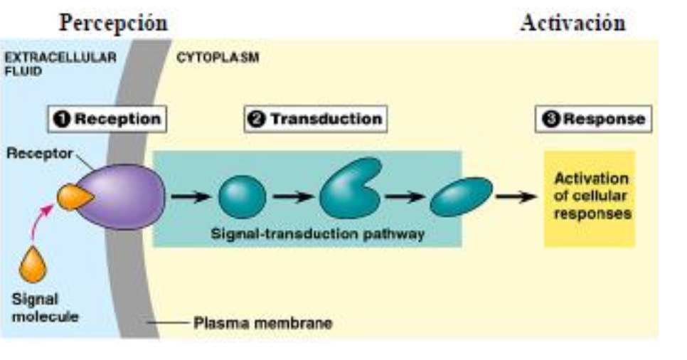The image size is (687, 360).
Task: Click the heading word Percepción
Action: (x=114, y=23)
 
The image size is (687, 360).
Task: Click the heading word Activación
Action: (x=572, y=23)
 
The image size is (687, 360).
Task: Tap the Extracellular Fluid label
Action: (x=60, y=64)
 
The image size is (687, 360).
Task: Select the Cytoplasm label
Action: (x=218, y=58)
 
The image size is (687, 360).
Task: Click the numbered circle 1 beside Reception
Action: (x=62, y=119)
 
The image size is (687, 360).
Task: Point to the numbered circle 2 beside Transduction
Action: (x=257, y=119)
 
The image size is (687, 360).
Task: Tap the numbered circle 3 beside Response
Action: (x=551, y=119)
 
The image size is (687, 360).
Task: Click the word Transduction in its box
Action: (x=326, y=119)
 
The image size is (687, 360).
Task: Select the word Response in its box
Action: (x=605, y=119)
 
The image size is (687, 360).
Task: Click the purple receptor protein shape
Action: (x=125, y=197)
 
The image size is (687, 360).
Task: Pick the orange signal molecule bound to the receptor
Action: (x=74, y=197)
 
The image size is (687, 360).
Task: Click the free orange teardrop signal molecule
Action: (x=33, y=265)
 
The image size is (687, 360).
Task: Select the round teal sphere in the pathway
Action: (x=243, y=197)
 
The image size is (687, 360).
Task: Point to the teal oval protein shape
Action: (x=462, y=197)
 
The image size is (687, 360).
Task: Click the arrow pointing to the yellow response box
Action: (x=516, y=196)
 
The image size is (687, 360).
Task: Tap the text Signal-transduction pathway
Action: (x=318, y=233)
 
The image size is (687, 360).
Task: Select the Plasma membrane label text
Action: (x=263, y=323)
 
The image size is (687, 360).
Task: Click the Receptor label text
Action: (x=39, y=154)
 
